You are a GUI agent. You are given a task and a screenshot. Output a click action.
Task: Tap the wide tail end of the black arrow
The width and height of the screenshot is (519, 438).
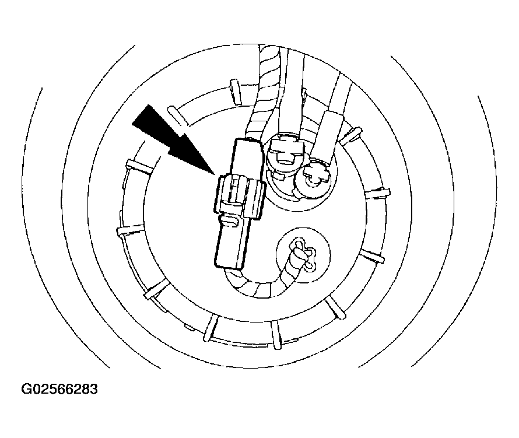click(x=141, y=114)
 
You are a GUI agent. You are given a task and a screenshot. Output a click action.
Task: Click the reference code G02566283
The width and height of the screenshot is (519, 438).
click(x=59, y=389)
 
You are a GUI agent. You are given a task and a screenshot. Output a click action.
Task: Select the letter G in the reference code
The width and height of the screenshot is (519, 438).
click(x=26, y=389)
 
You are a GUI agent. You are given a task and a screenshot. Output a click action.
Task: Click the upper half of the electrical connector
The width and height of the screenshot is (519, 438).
click(x=248, y=158)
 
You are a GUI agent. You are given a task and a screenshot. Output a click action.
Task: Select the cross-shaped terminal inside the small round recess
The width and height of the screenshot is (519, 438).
click(x=303, y=255)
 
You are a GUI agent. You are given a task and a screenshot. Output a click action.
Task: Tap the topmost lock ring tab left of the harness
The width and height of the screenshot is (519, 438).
click(x=234, y=90)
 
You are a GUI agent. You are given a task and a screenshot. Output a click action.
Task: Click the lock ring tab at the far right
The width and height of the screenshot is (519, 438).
click(x=378, y=192)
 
